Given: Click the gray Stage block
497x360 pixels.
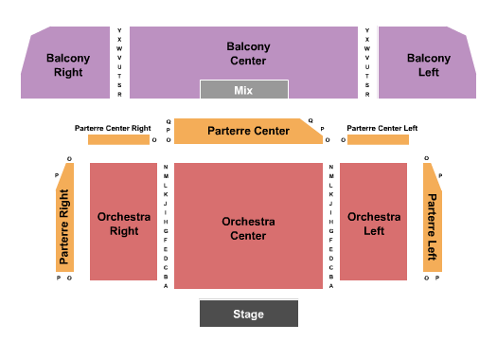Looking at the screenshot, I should (x=248, y=314).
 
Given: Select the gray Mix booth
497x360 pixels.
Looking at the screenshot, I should (x=243, y=89).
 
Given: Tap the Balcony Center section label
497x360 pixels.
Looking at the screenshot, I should (x=248, y=53).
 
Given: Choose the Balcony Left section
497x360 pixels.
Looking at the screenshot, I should (x=428, y=64).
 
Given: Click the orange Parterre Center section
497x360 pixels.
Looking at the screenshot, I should (x=248, y=132).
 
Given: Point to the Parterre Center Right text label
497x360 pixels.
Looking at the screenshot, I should (x=114, y=128).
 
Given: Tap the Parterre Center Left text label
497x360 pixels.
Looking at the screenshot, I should (x=382, y=128).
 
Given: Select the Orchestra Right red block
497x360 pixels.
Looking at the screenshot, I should (x=123, y=224).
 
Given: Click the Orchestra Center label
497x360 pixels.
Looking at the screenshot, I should (x=248, y=228).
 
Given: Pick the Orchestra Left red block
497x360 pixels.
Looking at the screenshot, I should (x=373, y=224).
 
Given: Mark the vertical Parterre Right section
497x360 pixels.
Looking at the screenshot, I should (x=64, y=226).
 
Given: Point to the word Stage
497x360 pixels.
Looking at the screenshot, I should (x=248, y=315).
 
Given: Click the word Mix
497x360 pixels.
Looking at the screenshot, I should (x=243, y=90).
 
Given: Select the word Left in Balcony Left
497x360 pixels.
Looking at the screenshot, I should (x=428, y=71).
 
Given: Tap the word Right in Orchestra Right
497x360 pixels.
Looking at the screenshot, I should (x=123, y=230).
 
